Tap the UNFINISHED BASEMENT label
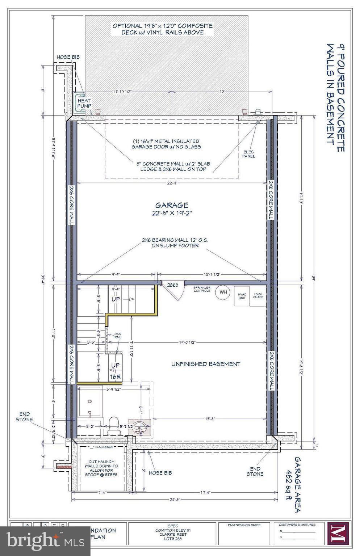pyautogui.click(x=206, y=364)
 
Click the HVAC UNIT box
pyautogui.click(x=242, y=296)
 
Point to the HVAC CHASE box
pyautogui.click(x=258, y=296)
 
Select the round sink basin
pyautogui.click(x=139, y=426)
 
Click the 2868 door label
pyautogui.click(x=172, y=285)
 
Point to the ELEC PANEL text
pyautogui.click(x=249, y=154)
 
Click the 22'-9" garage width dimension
pyautogui.click(x=172, y=183)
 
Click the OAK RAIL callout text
pyautogui.click(x=118, y=336)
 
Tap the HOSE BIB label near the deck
pyautogui.click(x=68, y=57)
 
